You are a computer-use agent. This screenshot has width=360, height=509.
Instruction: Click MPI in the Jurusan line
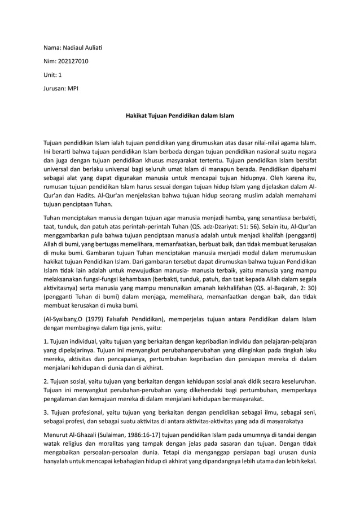pos(73,89)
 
